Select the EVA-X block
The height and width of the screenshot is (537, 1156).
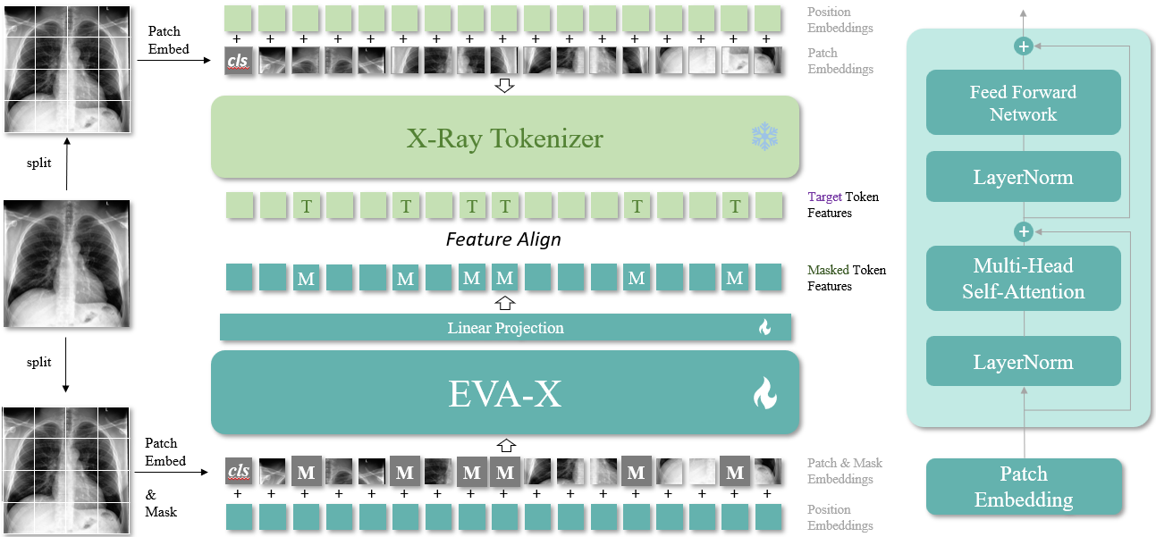point(505,393)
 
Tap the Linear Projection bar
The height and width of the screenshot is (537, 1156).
point(505,328)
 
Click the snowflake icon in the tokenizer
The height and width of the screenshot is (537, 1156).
point(765,137)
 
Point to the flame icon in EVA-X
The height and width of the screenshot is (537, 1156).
point(764,393)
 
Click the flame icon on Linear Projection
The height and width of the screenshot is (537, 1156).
point(764,328)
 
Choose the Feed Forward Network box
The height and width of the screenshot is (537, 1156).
point(1023,103)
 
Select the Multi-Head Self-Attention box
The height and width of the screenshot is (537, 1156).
point(1023,278)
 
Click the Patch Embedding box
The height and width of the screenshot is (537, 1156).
point(1023,486)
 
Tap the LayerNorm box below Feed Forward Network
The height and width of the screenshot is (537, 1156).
point(1023,177)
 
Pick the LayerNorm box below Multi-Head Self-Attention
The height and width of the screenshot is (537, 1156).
point(1023,362)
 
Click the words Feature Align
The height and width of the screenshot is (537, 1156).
point(503,239)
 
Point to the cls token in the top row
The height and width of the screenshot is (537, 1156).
point(238,61)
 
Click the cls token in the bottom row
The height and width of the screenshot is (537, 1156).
point(238,471)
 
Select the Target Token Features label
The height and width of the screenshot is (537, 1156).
point(842,205)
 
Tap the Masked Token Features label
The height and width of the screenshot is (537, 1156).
point(846,278)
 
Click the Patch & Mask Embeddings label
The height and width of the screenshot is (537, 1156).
point(844,471)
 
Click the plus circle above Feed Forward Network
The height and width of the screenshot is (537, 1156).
point(1024,46)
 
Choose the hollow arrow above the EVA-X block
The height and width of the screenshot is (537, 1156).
point(506,444)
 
